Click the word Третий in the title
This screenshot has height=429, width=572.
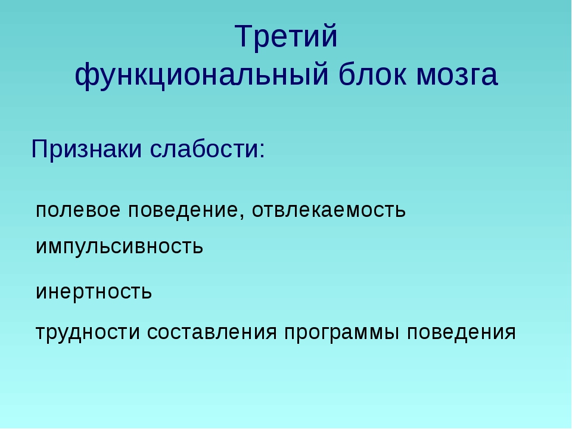click(286, 36)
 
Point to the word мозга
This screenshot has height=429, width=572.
click(457, 76)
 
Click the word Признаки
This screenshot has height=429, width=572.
click(86, 149)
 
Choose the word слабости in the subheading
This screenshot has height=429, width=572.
click(204, 148)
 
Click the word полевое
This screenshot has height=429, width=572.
click(78, 210)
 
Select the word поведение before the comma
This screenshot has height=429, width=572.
click(183, 210)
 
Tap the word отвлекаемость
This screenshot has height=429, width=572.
click(329, 210)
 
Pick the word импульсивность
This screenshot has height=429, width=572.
click(119, 247)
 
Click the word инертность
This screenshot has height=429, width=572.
click(94, 292)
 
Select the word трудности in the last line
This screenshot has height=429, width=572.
click(88, 332)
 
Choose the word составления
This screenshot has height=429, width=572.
click(212, 332)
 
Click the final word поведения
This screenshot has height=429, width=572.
click(461, 332)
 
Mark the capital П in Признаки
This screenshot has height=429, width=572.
click(41, 148)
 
